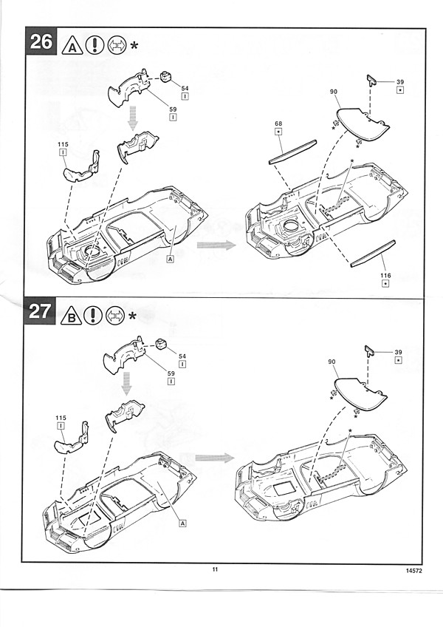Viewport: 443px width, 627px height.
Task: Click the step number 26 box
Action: tap(42, 42)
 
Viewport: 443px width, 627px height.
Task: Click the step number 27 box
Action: tap(42, 312)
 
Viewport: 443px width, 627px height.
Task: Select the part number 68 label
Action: tap(278, 123)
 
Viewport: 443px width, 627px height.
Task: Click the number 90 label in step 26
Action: tap(334, 92)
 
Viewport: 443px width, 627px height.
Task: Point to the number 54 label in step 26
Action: tap(185, 88)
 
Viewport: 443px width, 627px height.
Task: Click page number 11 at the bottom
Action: tap(215, 569)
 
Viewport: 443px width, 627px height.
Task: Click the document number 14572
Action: tap(413, 570)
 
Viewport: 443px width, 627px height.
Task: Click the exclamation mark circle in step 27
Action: tap(94, 315)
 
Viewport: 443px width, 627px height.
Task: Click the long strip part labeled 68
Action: tap(292, 151)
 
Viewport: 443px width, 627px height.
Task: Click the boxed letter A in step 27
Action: tap(182, 522)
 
